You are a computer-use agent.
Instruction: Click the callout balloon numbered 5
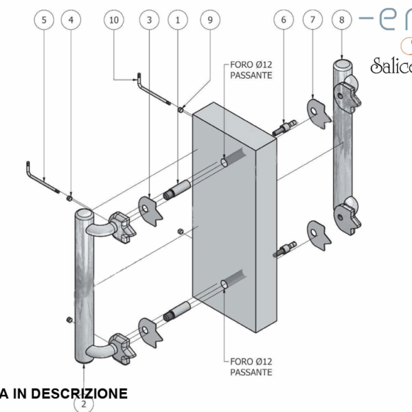coord(45,21)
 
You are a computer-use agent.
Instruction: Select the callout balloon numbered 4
coord(70,21)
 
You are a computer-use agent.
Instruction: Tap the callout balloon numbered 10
coord(114,21)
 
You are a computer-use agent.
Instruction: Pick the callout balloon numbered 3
coord(150,21)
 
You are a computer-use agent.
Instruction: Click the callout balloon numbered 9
coord(210,21)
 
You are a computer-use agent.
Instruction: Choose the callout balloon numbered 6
coord(282,21)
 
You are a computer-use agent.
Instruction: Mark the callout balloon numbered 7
coord(312,21)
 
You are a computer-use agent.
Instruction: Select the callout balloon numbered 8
coord(341,21)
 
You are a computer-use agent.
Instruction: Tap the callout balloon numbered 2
coord(84,404)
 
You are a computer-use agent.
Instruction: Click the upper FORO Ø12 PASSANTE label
coord(247,71)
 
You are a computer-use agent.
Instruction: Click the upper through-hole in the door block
coord(225,163)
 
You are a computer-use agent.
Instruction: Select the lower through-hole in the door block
coord(225,284)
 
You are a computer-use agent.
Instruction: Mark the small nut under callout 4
coord(70,199)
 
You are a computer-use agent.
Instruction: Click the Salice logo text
coord(391,67)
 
